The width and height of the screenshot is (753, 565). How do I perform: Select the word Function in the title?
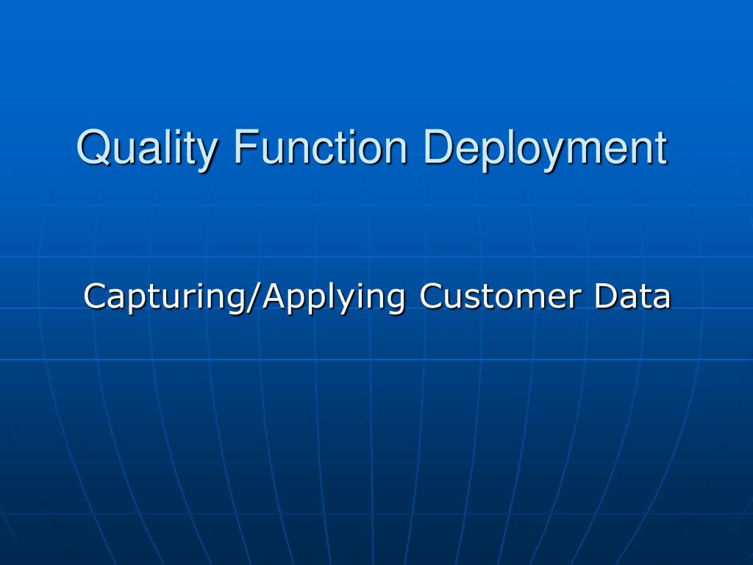tap(321, 147)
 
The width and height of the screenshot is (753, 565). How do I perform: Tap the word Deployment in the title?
tap(544, 147)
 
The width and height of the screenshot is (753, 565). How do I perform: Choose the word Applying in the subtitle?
tap(335, 297)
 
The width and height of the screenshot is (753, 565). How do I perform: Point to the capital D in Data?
tap(606, 296)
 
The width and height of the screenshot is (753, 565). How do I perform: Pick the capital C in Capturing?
tap(94, 296)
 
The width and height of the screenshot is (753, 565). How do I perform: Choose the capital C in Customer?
tap(431, 296)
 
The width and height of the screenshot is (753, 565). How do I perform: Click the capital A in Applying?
tap(274, 296)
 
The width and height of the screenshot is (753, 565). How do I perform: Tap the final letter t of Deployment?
tap(660, 147)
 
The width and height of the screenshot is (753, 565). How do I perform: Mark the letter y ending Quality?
tap(208, 152)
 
